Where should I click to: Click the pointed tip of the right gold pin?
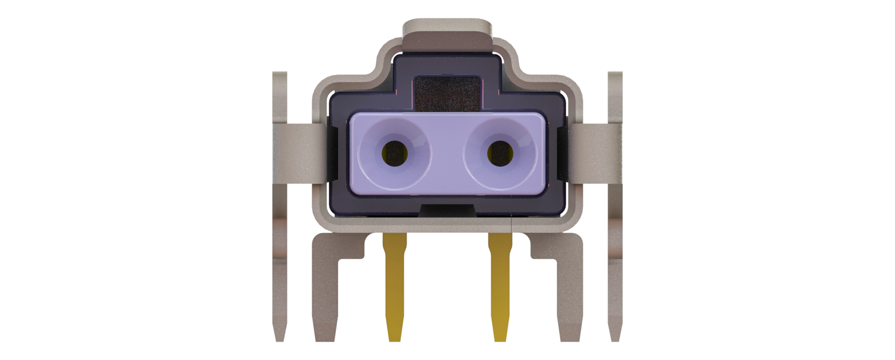(x=501, y=338)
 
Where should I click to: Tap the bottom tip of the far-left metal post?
(x=279, y=338)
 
